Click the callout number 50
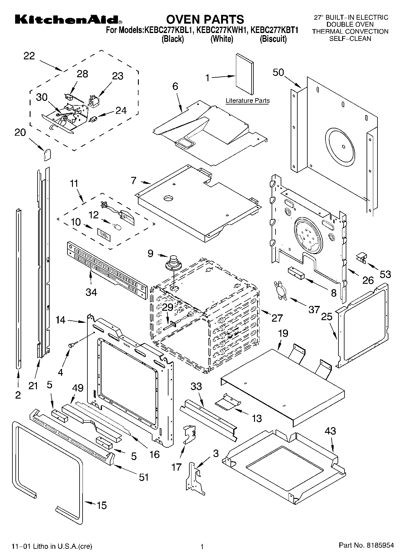(x=278, y=72)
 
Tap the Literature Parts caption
(x=247, y=101)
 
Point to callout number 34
(x=91, y=292)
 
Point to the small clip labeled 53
(x=361, y=257)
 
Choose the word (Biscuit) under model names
(x=273, y=39)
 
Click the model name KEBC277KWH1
(x=222, y=30)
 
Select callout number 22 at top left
(x=29, y=56)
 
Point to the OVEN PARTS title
(x=205, y=19)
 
